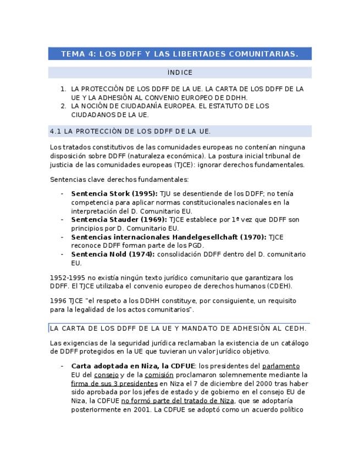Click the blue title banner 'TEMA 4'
(x=179, y=54)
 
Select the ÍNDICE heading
(x=180, y=73)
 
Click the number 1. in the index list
(x=63, y=89)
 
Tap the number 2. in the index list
(x=63, y=106)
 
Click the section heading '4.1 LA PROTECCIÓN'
(x=130, y=131)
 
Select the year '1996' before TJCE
(x=57, y=301)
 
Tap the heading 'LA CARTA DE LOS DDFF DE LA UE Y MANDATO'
(x=178, y=329)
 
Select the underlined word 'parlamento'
(x=281, y=366)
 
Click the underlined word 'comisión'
(x=159, y=375)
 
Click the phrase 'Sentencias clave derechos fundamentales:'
(x=119, y=180)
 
